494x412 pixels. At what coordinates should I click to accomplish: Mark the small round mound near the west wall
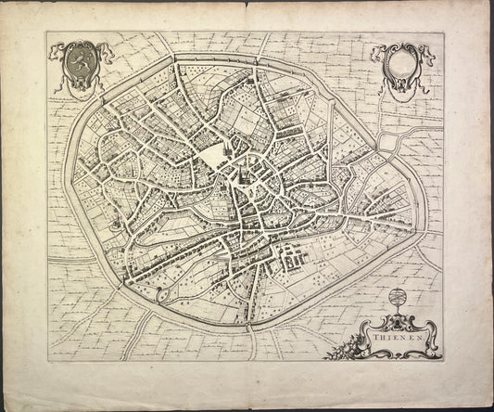point(114,224)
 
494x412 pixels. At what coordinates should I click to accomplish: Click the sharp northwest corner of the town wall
point(172,58)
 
